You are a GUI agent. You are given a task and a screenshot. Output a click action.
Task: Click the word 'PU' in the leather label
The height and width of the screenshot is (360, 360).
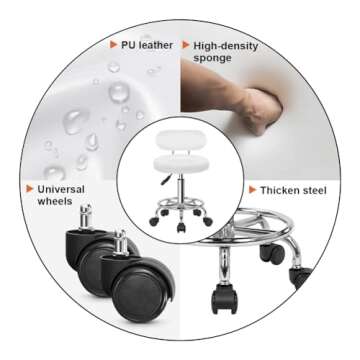point(127,45)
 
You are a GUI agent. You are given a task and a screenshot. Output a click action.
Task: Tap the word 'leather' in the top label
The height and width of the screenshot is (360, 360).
point(155,45)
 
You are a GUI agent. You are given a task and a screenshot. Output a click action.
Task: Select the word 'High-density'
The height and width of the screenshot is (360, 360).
point(226,46)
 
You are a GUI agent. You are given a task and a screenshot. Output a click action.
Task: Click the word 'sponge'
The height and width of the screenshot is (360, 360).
point(212,59)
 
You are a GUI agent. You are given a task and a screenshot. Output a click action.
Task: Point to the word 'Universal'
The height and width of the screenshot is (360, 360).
point(61,189)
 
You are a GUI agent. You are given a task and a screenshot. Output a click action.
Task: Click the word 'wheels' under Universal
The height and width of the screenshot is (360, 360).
point(55,202)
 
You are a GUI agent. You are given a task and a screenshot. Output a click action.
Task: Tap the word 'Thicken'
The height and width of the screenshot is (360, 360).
point(280,190)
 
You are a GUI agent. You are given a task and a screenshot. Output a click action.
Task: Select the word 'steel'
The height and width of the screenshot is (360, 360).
point(315,190)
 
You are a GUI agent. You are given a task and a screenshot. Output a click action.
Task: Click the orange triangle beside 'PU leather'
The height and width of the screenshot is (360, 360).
point(113,45)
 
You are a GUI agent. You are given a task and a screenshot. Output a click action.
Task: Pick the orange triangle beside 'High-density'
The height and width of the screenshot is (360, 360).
point(186,45)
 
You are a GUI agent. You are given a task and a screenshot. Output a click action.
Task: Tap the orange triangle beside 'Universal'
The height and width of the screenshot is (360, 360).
point(30,189)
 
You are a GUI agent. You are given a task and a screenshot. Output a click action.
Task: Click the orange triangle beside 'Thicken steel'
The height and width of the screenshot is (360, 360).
point(253,190)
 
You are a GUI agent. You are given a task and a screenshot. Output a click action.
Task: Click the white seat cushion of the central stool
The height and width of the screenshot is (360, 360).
point(181,164)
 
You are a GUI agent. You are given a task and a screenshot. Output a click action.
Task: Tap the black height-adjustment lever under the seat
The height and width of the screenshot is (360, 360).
point(166,179)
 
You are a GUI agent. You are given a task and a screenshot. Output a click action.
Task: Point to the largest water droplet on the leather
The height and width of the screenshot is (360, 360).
point(119,92)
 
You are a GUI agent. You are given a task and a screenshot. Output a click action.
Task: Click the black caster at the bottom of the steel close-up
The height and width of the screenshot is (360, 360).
point(224,298)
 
